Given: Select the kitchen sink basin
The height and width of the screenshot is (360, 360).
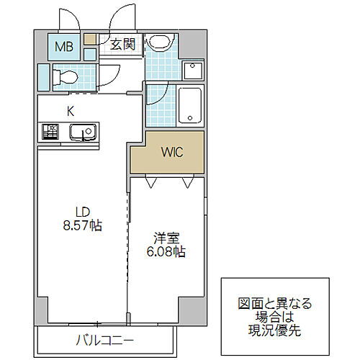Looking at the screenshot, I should pos(80,132).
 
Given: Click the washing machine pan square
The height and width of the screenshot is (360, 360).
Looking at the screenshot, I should pos(192,71).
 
